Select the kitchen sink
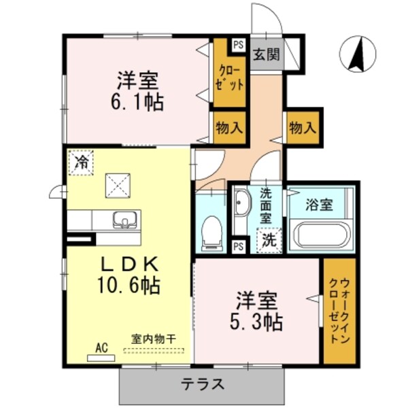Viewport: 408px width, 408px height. click(x=125, y=220)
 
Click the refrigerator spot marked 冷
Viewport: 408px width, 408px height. click(x=82, y=163)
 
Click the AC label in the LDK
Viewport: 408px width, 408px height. click(x=101, y=348)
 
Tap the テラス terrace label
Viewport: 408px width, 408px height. click(x=203, y=384)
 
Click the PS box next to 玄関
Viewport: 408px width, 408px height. click(x=237, y=46)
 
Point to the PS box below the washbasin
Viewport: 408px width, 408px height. click(x=238, y=245)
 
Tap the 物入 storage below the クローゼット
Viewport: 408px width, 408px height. click(x=229, y=126)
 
